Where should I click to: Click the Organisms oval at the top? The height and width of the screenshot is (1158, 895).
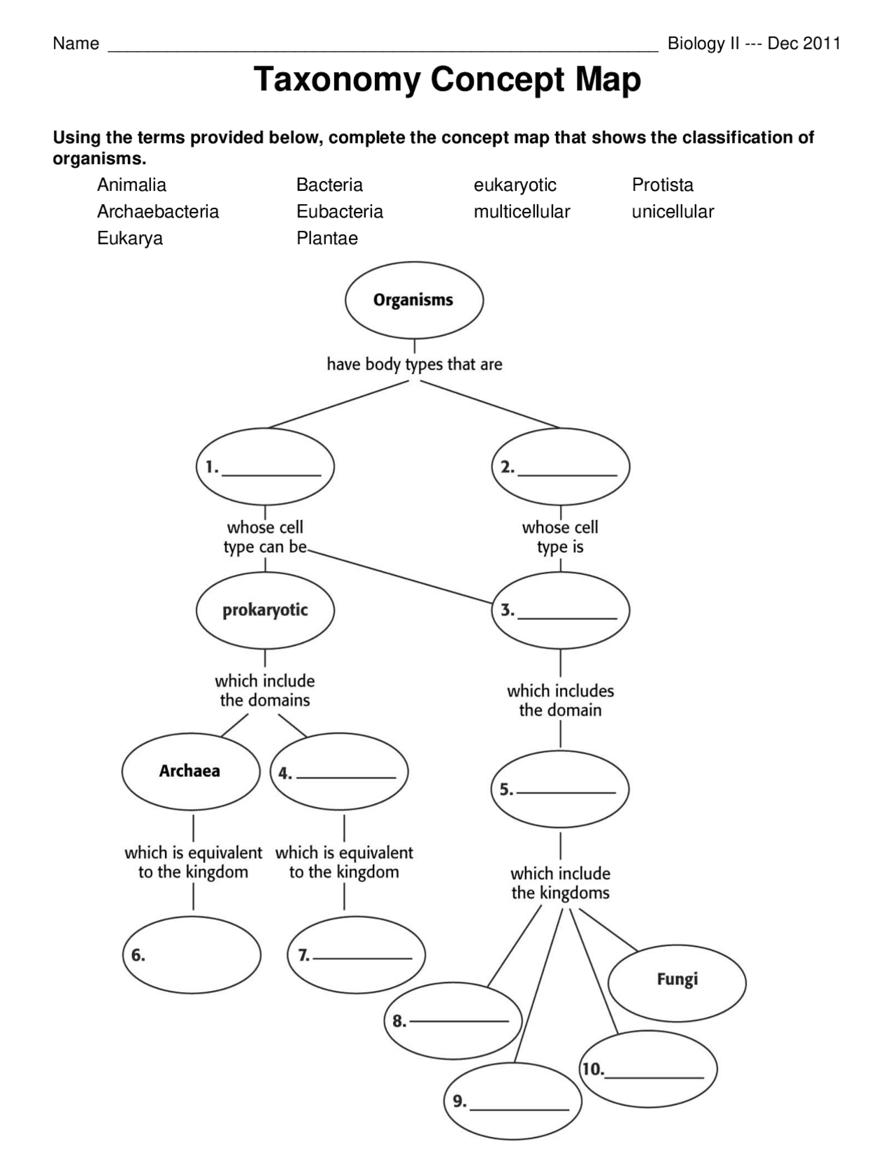coord(414,300)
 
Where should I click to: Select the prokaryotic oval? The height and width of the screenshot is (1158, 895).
coord(265,610)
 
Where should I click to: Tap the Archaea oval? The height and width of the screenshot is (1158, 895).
coord(190,771)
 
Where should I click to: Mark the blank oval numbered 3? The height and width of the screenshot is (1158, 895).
coord(560,610)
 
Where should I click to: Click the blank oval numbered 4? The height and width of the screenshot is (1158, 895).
coord(339,772)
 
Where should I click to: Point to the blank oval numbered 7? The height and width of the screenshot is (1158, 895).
coord(357,955)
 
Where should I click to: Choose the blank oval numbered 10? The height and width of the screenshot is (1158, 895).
coord(648,1069)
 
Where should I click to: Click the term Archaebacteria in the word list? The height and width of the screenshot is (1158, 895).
coord(158,211)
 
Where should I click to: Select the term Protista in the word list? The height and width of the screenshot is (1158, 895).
coord(662,185)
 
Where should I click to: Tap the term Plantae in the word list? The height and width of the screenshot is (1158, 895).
coord(327,238)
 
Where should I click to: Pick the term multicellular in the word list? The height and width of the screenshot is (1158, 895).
coord(522,211)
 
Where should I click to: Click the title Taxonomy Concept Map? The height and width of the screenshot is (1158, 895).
coord(447,79)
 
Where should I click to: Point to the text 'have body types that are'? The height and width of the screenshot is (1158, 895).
coord(414,364)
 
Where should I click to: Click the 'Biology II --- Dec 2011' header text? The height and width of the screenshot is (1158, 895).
coord(753,43)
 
